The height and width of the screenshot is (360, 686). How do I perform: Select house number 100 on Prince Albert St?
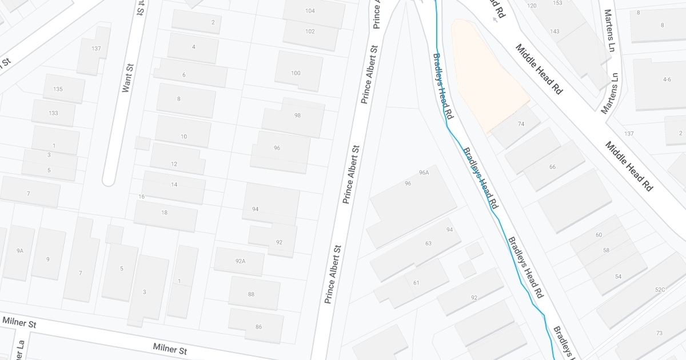click(x=296, y=73)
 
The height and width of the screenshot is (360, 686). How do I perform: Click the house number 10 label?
click(x=184, y=137)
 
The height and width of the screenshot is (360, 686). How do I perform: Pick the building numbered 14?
click(x=174, y=185)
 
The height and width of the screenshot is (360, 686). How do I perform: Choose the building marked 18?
click(x=165, y=213)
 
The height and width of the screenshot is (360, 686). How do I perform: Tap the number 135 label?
click(x=58, y=89)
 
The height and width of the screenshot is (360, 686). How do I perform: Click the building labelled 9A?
click(x=20, y=251)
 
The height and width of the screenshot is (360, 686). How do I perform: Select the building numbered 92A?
click(x=240, y=261)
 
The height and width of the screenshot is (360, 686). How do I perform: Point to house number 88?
click(x=252, y=294)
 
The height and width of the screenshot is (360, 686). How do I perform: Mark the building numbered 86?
click(x=258, y=327)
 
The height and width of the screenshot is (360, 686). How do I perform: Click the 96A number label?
click(x=424, y=172)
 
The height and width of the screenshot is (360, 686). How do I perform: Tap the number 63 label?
click(x=428, y=243)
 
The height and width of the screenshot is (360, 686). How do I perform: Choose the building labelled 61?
click(x=416, y=283)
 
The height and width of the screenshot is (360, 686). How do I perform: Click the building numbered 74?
click(x=521, y=124)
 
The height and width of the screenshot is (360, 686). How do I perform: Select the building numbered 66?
click(x=552, y=167)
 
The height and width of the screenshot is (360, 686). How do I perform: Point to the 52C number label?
click(x=660, y=290)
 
